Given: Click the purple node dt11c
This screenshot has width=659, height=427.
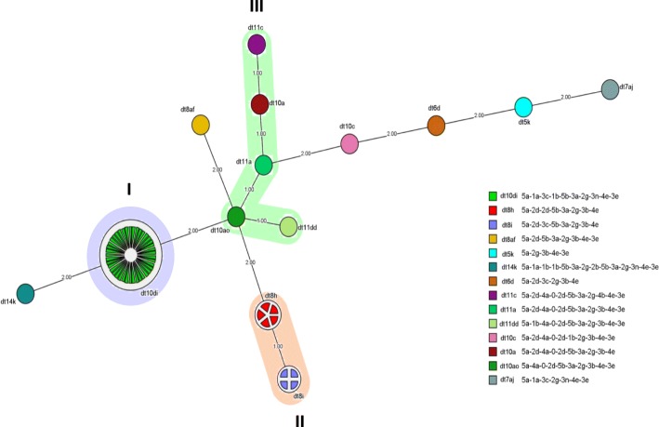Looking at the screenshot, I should tap(257, 45).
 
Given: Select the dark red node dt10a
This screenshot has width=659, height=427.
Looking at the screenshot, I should tap(260, 104).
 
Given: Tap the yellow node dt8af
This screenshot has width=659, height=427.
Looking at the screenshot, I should tap(201, 125).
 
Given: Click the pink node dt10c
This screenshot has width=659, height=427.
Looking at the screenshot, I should tap(349, 143).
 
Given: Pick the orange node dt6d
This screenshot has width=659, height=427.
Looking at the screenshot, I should tap(436, 125).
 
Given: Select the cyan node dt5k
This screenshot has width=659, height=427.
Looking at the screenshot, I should tap(523, 106).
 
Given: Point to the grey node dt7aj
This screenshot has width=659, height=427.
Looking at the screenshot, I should tap(610, 89).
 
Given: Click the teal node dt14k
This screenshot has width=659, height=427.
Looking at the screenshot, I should tap(26, 293).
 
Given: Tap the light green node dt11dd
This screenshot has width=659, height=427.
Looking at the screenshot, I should tap(288, 225).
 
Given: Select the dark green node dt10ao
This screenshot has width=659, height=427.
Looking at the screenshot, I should tap(236, 217).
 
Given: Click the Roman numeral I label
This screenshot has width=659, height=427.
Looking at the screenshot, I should tap(129, 189).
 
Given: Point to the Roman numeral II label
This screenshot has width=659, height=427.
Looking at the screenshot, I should tap(299, 420).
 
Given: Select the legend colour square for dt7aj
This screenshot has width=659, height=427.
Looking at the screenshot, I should tap(492, 380).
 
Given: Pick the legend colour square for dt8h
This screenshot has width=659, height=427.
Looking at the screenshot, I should tap(492, 210).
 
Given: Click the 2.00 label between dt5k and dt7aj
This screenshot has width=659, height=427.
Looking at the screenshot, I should tap(566, 97).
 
